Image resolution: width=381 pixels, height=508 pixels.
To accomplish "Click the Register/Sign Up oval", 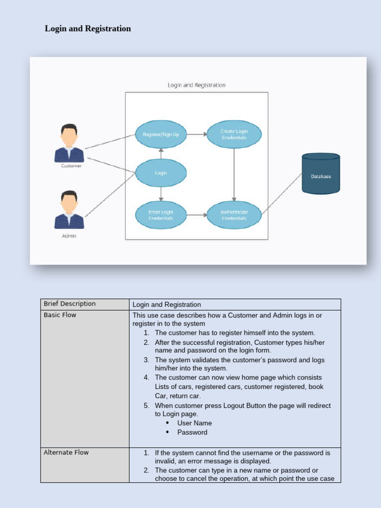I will pyautogui.click(x=161, y=134).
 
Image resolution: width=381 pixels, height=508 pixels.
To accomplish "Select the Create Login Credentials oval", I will pyautogui.click(x=234, y=134).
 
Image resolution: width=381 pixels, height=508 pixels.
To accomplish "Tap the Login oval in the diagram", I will pyautogui.click(x=161, y=173).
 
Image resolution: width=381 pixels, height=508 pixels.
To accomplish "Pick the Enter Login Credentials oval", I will pyautogui.click(x=161, y=215).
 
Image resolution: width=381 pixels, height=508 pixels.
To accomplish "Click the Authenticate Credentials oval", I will pyautogui.click(x=234, y=215).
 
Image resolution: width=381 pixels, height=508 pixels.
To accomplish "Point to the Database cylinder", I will pyautogui.click(x=321, y=174).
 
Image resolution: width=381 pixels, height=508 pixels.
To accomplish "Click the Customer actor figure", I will pyautogui.click(x=69, y=143).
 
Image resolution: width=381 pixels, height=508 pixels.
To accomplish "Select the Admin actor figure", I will pyautogui.click(x=69, y=210).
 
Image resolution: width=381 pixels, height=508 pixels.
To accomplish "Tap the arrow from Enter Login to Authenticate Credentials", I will pyautogui.click(x=196, y=215).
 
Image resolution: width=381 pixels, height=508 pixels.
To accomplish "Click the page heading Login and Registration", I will pyautogui.click(x=88, y=29).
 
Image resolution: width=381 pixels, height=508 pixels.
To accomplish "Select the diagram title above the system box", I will pyautogui.click(x=196, y=85).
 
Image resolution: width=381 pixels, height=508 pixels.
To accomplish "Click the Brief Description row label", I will pyautogui.click(x=69, y=304).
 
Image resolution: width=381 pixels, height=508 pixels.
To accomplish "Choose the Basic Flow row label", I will pyautogui.click(x=60, y=315).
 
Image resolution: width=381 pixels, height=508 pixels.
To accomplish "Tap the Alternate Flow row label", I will pyautogui.click(x=66, y=452).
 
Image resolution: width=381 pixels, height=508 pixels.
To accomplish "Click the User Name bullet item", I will pyautogui.click(x=194, y=423).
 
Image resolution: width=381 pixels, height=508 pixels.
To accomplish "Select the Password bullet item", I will pyautogui.click(x=192, y=432).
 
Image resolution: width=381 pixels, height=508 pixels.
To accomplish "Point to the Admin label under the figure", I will pyautogui.click(x=69, y=236).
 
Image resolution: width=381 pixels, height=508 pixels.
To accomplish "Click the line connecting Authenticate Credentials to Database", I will pyautogui.click(x=282, y=193).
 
